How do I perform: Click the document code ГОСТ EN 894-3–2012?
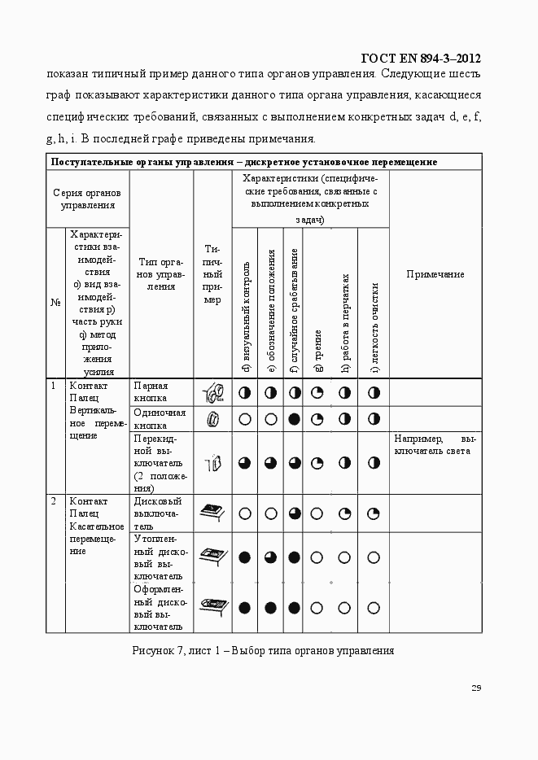pos(419,58)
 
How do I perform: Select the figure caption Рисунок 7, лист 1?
pos(263,651)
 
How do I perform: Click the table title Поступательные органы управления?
pos(244,161)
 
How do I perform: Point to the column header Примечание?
pos(435,274)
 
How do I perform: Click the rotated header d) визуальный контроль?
pos(245,317)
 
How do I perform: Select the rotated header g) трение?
pos(318,350)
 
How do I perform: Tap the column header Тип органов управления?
pos(161,274)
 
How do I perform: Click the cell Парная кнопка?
pos(151,391)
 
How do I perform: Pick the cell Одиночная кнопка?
pos(160,418)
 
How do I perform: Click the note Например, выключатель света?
pos(435,443)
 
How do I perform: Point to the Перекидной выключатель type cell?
pos(160,463)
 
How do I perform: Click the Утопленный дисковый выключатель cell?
pos(160,557)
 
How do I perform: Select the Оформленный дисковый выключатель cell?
pos(160,607)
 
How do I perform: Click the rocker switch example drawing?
pos(212,463)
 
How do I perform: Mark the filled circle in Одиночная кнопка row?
pos(295,419)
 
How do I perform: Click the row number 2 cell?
pos(54,501)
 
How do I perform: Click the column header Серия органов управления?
pos(86,199)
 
